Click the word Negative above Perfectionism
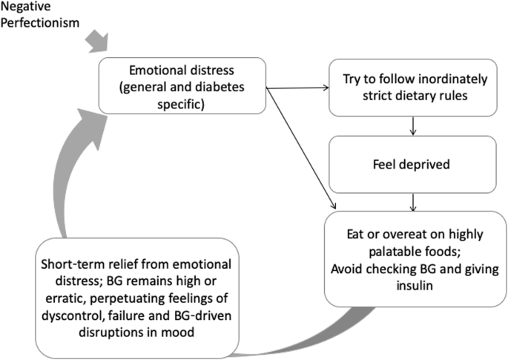click(24, 6)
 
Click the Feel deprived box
click(412, 164)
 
